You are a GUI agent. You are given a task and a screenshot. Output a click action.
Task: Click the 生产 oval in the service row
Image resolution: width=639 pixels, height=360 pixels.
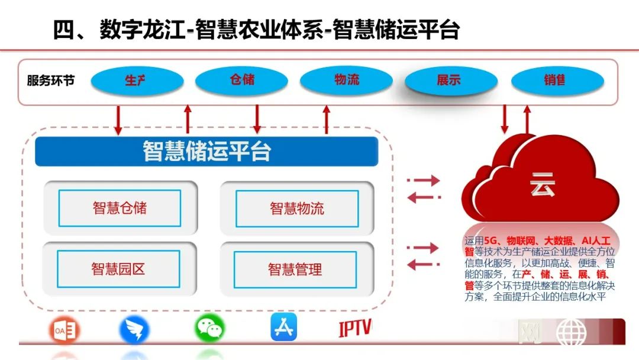tap(135, 81)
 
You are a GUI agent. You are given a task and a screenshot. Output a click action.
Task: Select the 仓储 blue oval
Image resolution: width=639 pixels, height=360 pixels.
tap(241, 79)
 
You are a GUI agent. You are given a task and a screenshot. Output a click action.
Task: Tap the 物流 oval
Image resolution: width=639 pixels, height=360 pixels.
tap(346, 79)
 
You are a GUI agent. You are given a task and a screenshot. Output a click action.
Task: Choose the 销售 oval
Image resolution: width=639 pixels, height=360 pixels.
tap(554, 81)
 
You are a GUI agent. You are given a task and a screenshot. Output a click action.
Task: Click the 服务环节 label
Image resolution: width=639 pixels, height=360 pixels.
tap(51, 81)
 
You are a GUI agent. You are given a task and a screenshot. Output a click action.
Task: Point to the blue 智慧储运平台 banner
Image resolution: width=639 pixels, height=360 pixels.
tap(206, 152)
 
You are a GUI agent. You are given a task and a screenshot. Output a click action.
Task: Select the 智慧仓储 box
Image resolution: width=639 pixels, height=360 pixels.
tap(120, 208)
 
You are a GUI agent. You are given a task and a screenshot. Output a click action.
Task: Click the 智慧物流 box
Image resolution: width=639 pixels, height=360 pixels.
tap(297, 208)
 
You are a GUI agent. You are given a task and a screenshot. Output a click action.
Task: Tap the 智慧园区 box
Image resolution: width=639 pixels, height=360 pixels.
tap(118, 269)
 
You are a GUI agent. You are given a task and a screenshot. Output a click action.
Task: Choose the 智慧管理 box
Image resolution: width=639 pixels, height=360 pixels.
tap(295, 270)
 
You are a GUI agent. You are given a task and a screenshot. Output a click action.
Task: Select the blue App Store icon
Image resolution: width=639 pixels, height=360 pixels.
tap(283, 327)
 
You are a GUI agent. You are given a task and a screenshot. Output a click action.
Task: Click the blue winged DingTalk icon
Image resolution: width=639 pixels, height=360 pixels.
tap(134, 330)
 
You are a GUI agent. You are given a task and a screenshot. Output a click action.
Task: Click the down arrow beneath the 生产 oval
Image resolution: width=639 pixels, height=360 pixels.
tap(118, 120)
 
